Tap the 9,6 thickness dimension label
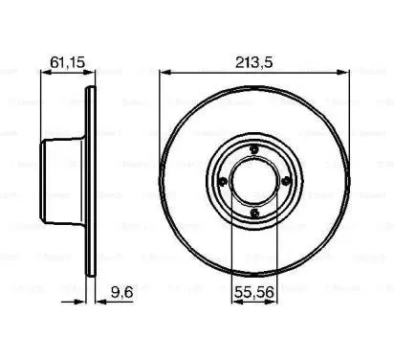coord(120,284)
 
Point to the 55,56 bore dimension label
coord(255,284)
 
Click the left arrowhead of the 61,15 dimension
coord(41,74)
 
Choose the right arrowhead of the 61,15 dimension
coord(94,74)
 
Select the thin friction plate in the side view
coord(91,182)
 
